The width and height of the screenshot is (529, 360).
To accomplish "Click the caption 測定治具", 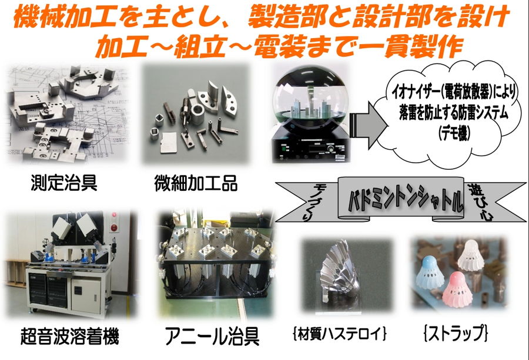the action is [x=64, y=183].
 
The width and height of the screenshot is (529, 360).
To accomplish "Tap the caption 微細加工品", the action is [x=196, y=183].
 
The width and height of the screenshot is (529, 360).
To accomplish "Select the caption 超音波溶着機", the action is [x=70, y=336].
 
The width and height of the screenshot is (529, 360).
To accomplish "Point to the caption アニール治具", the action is [x=212, y=336].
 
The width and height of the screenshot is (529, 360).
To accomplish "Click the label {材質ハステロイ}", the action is [x=340, y=334].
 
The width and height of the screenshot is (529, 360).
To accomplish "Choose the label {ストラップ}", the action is [x=456, y=333].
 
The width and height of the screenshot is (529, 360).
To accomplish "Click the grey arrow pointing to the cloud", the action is [x=369, y=126].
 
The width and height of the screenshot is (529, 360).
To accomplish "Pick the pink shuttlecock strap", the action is [x=457, y=290].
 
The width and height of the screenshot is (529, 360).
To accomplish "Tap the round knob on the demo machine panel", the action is [x=330, y=149].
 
